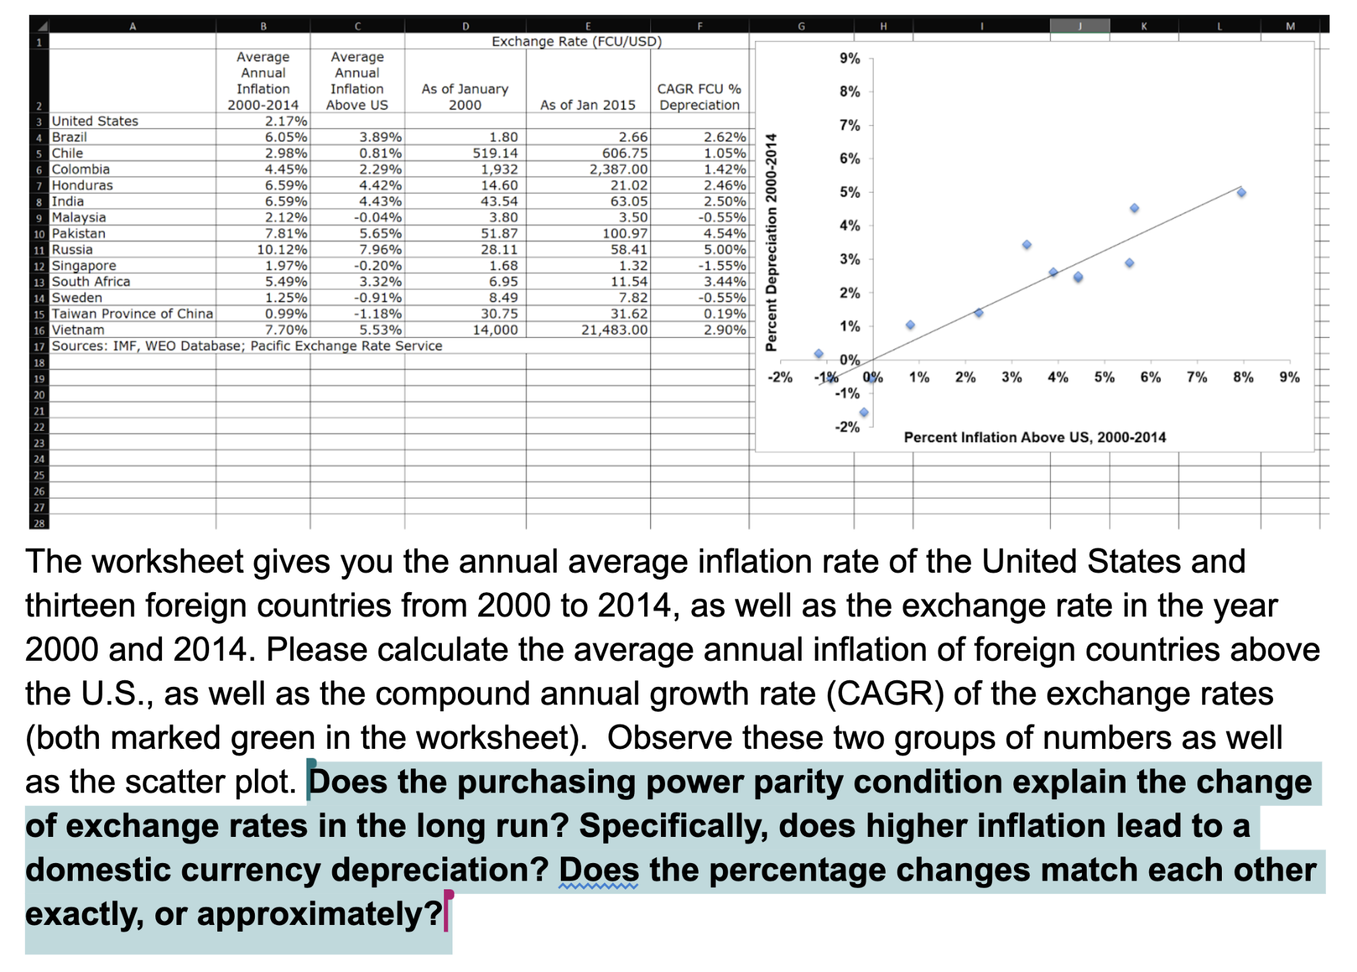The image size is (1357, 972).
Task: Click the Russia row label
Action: (x=72, y=249)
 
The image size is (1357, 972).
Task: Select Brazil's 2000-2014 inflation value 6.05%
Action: (x=285, y=137)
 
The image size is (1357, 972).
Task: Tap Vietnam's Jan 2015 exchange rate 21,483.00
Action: (x=614, y=330)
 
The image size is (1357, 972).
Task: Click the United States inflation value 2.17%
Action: (x=285, y=121)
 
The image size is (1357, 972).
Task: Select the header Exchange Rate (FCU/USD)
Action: (x=576, y=42)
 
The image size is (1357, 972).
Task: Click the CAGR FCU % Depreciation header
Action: (x=699, y=97)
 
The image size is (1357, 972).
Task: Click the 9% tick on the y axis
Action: (x=850, y=58)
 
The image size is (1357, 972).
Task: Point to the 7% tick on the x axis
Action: (x=1196, y=378)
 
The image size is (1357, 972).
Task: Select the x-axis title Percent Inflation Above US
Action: (x=1034, y=438)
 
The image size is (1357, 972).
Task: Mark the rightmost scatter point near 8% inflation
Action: (x=1241, y=193)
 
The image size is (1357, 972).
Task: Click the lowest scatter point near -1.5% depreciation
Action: (x=864, y=412)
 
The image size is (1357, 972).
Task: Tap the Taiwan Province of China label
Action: (x=132, y=314)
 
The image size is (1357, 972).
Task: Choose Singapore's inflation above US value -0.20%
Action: (x=378, y=266)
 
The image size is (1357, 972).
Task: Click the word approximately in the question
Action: (x=319, y=914)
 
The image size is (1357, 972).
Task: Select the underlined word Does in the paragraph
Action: (x=598, y=870)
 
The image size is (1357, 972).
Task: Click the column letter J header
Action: (x=1079, y=26)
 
